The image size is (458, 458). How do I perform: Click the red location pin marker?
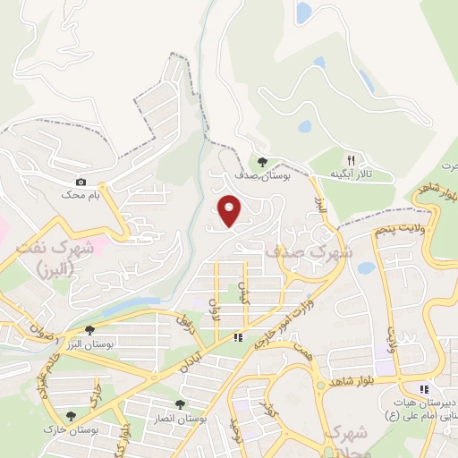230,211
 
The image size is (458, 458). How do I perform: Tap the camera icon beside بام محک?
81,182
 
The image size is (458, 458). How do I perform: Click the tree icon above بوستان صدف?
261,162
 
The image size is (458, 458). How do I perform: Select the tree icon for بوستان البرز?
89,330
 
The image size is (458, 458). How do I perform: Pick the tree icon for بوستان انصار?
180,404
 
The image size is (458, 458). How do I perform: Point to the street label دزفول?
185,323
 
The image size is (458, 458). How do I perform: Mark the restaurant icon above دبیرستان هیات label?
424,388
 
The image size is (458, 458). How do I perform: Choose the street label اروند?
214,308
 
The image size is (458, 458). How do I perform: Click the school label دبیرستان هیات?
419,403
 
